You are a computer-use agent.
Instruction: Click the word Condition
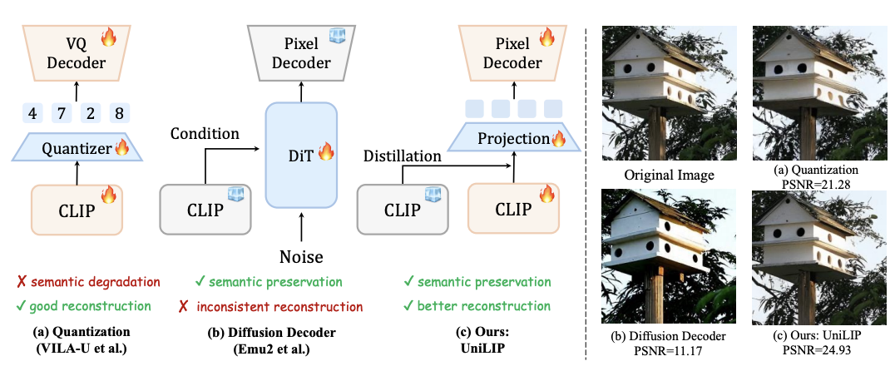[x=205, y=133]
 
